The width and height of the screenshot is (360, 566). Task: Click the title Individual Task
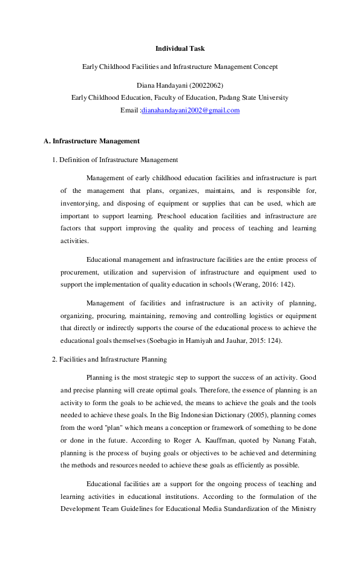pos(180,48)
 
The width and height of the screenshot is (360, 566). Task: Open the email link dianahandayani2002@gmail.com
pos(191,111)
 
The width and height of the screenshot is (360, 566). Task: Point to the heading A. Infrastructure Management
pos(91,141)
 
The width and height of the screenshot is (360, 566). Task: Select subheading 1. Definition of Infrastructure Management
pos(115,160)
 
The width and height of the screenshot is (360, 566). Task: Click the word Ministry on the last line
pos(304,509)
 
